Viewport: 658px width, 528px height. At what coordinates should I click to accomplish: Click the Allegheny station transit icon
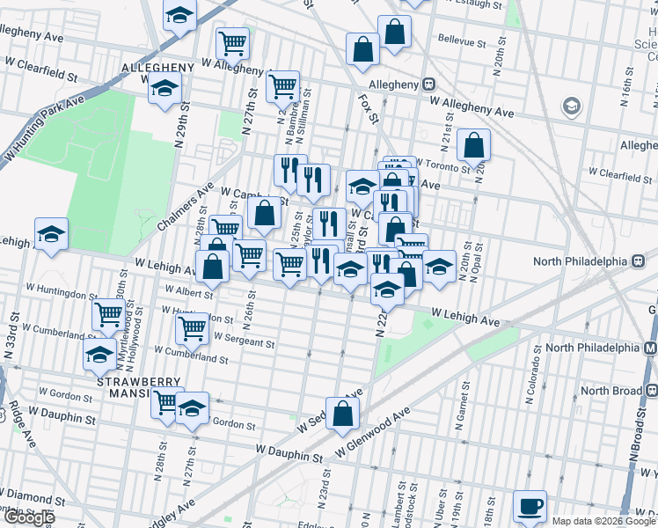coord(429,84)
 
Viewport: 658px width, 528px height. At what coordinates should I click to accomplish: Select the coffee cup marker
coord(530,507)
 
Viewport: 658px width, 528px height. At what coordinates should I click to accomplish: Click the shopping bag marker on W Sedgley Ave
coord(343,413)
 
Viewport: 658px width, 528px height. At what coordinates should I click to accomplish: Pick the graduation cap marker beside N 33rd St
coord(51,235)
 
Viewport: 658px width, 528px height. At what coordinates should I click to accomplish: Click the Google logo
coord(28,517)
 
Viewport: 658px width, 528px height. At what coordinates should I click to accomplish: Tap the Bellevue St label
coord(463,41)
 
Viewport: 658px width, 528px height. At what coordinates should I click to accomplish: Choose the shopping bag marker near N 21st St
coord(473,146)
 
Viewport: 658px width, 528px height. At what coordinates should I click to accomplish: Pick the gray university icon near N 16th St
coord(572,107)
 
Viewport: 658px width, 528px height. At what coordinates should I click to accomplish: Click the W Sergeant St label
coord(231,341)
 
